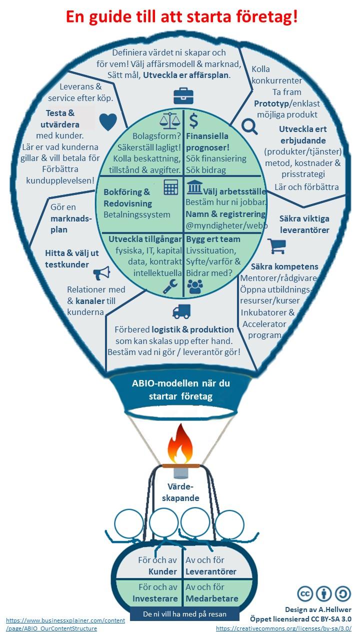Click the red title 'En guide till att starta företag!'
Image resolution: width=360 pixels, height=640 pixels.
(x=182, y=17)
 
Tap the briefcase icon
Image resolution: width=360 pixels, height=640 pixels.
(x=183, y=95)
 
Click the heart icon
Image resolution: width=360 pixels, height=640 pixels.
(x=108, y=121)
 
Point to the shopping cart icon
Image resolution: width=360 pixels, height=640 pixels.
(x=276, y=246)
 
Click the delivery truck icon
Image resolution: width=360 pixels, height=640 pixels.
(x=181, y=312)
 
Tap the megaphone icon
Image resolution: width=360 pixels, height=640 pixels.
(x=101, y=273)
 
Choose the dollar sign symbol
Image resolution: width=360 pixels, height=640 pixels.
(x=193, y=120)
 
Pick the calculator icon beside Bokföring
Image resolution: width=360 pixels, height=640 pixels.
(x=171, y=187)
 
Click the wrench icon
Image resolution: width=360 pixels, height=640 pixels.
(x=170, y=286)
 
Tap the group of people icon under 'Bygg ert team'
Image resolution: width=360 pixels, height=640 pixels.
(x=194, y=286)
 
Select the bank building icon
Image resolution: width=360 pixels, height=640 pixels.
(x=194, y=187)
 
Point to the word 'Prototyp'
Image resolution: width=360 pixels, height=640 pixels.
(x=272, y=103)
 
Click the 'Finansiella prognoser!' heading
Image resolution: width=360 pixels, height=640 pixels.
(x=207, y=141)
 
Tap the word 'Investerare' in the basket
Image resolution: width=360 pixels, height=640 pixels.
(x=155, y=598)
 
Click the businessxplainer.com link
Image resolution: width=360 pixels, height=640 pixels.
(x=65, y=624)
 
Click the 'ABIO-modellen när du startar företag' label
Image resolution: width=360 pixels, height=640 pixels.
(x=181, y=390)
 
